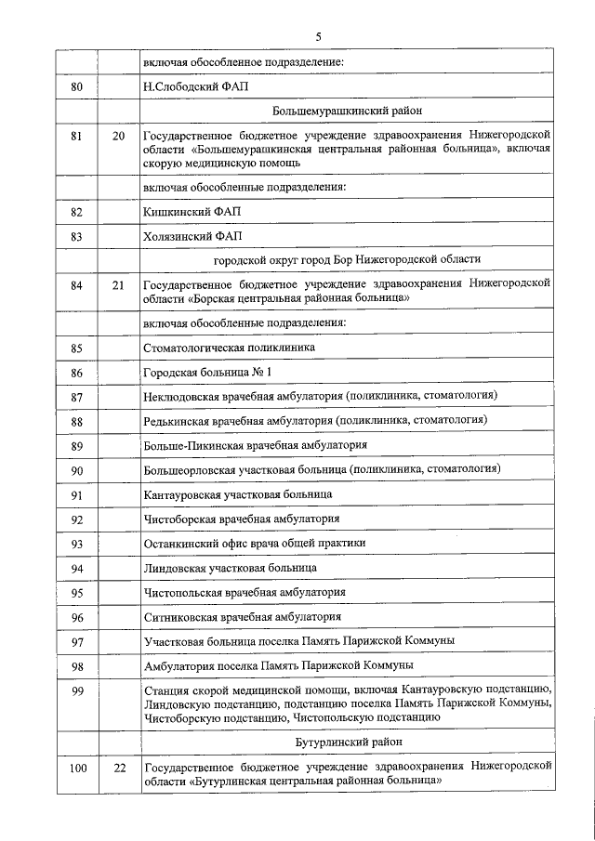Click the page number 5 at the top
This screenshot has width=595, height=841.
318,37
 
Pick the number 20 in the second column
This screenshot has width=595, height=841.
118,136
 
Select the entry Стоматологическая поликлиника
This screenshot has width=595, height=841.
229,348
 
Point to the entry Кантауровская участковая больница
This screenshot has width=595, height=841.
237,494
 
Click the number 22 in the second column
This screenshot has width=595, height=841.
118,768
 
